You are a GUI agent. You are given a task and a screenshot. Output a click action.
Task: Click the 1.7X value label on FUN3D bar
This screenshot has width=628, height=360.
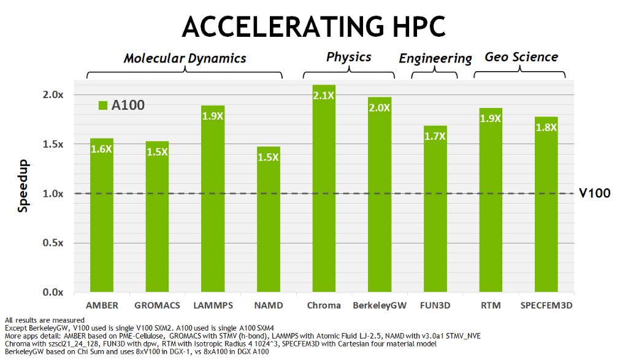[435, 136]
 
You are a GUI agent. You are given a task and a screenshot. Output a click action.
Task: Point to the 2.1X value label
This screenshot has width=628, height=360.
[324, 95]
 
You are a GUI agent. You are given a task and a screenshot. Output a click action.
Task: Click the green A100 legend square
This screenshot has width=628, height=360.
[103, 105]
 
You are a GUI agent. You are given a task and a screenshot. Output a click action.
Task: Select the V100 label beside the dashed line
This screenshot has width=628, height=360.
[595, 193]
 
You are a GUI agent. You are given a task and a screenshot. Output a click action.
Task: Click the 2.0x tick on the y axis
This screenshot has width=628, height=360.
[53, 95]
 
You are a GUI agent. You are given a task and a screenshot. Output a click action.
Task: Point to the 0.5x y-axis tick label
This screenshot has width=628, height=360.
[53, 243]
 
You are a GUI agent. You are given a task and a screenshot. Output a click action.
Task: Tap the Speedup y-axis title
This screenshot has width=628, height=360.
[23, 193]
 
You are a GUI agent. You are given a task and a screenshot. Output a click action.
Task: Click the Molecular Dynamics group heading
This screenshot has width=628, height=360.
[185, 58]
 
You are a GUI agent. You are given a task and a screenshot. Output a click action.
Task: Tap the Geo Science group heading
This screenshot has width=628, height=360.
[521, 57]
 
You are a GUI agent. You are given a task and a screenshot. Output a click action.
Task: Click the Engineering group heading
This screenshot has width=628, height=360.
[435, 59]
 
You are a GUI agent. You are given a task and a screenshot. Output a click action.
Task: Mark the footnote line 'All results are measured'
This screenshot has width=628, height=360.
[44, 320]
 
